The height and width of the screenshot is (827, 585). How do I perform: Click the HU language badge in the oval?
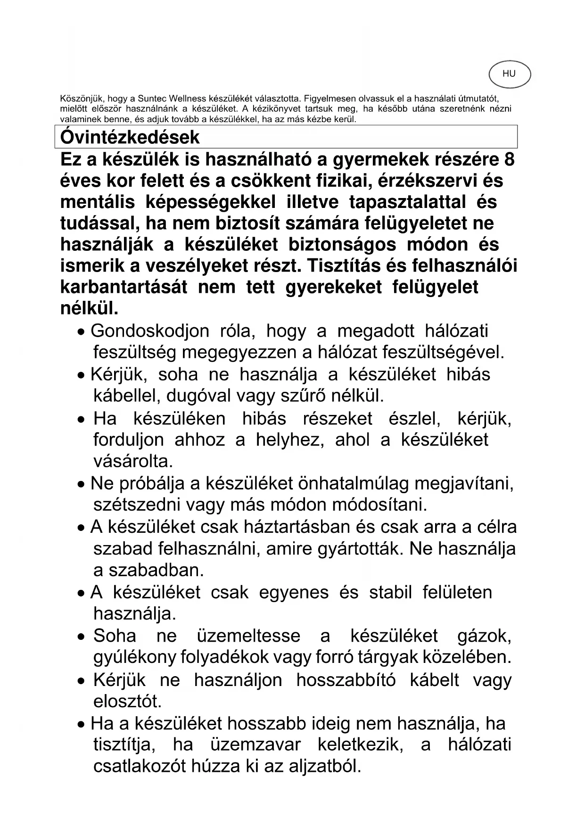tap(509, 74)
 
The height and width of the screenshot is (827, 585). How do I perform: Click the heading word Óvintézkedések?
tap(130, 137)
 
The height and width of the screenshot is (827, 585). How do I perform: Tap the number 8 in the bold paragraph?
tap(509, 160)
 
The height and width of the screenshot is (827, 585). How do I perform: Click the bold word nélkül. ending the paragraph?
tap(90, 308)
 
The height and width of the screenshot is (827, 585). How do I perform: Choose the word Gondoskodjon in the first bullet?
tap(150, 331)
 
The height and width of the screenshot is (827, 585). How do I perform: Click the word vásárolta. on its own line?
tap(133, 460)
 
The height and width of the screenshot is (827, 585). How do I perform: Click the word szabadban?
tap(157, 571)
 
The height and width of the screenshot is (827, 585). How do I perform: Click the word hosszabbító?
tap(346, 680)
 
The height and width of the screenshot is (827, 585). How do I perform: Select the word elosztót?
tap(127, 702)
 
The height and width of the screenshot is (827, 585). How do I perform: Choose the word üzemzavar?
tap(255, 745)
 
